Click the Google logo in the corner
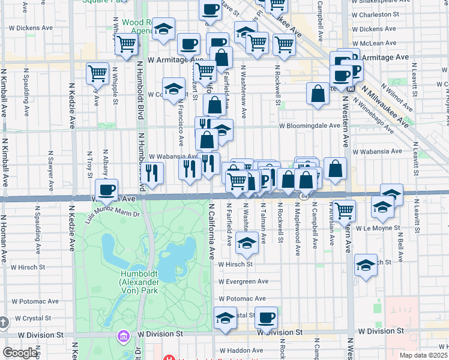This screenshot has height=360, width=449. tap(20, 353)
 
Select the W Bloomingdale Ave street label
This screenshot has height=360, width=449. tap(309, 126)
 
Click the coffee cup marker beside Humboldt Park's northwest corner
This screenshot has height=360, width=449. tap(107, 190)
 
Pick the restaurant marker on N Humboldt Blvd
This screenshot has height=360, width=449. tap(152, 173)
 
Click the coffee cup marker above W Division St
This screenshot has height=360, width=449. tap(266, 317)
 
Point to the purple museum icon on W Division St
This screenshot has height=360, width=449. tap(124, 335)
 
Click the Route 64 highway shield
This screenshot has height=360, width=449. tap(305, 196)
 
